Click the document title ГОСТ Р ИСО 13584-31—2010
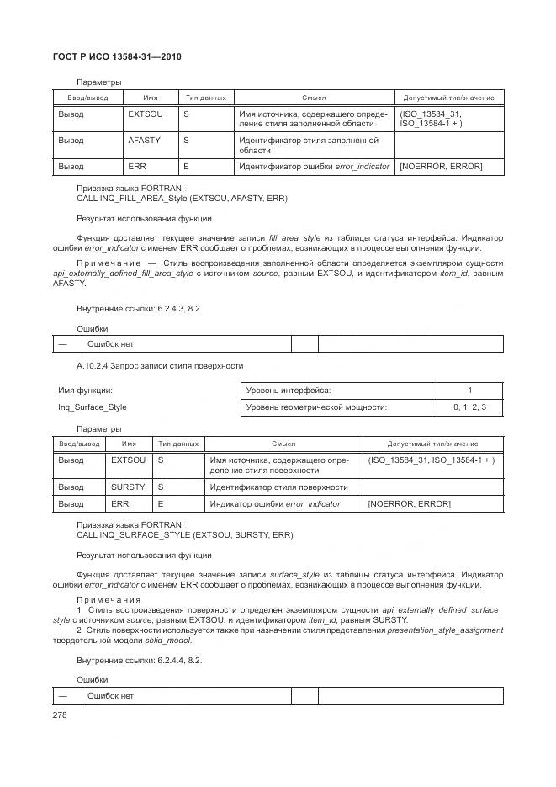(x=117, y=57)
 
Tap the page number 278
(x=60, y=715)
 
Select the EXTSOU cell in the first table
(x=145, y=113)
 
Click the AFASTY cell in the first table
(x=144, y=140)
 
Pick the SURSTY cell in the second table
(x=128, y=487)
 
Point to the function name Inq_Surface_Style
(x=92, y=407)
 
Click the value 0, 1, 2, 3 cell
(x=469, y=407)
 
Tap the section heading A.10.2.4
(x=160, y=366)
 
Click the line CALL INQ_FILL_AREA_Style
(x=182, y=199)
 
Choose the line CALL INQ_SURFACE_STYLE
(x=185, y=534)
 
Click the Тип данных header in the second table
(x=178, y=444)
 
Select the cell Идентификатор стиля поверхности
(x=278, y=487)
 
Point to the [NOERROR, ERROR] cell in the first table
(x=441, y=167)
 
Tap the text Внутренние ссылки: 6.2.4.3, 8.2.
(x=139, y=308)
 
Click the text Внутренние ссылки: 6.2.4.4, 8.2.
(x=139, y=660)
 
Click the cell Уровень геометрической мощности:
(x=316, y=407)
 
